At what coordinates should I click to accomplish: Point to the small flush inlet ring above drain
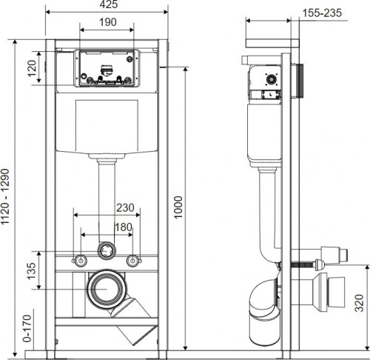107,250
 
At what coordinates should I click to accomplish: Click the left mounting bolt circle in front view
80,260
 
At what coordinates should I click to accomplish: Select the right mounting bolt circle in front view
134,260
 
